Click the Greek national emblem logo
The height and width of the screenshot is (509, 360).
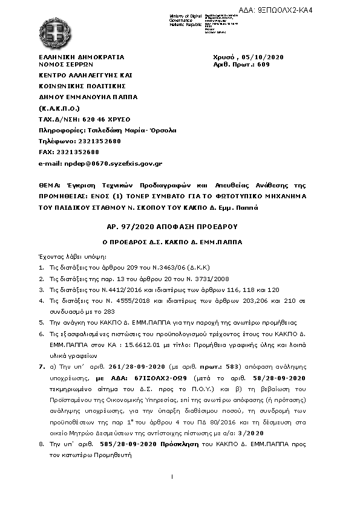pyautogui.click(x=51, y=28)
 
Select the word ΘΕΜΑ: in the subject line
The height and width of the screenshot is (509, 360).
pyautogui.click(x=50, y=185)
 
